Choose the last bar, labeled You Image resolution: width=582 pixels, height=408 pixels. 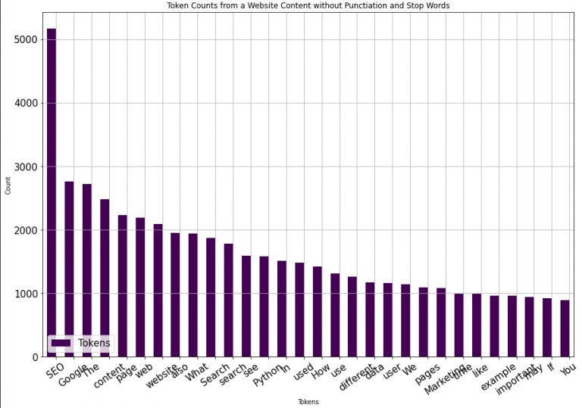point(565,329)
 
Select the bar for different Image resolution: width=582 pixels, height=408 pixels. point(352,317)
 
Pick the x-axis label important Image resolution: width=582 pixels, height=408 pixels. point(516,379)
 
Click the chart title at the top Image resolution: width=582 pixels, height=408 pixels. point(308,6)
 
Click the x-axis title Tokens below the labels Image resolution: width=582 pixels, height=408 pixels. point(308,402)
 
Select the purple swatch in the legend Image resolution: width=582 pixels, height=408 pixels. point(61,343)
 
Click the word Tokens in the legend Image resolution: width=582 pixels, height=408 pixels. point(94,343)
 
